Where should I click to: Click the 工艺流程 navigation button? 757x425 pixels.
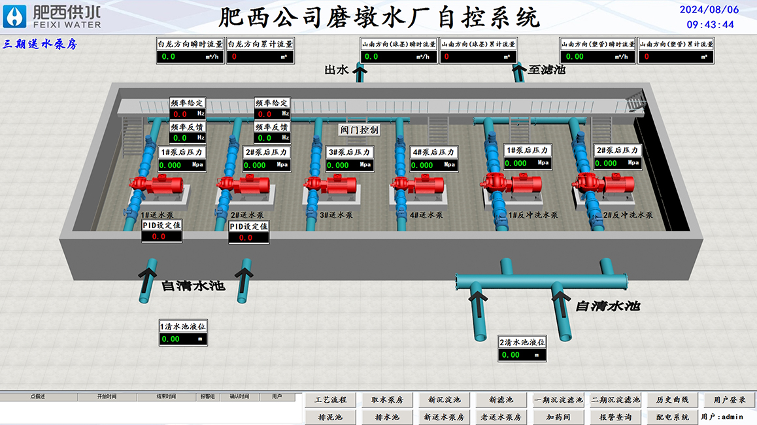[331, 400]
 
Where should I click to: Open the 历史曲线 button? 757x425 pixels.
[673, 400]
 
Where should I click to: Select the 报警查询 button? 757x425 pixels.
[615, 417]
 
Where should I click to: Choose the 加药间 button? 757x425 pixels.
[558, 417]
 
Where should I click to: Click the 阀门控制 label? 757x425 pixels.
[359, 129]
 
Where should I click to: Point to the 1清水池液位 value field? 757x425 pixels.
[183, 339]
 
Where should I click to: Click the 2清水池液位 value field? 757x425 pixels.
[522, 355]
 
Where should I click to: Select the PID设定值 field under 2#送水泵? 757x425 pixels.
[248, 237]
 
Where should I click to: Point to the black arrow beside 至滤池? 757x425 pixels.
[519, 71]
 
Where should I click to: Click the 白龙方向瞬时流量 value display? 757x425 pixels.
[190, 57]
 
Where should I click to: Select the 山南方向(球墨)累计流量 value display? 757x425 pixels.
[479, 57]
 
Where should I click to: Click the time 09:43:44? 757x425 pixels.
[710, 25]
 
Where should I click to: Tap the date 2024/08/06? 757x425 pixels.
[710, 9]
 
